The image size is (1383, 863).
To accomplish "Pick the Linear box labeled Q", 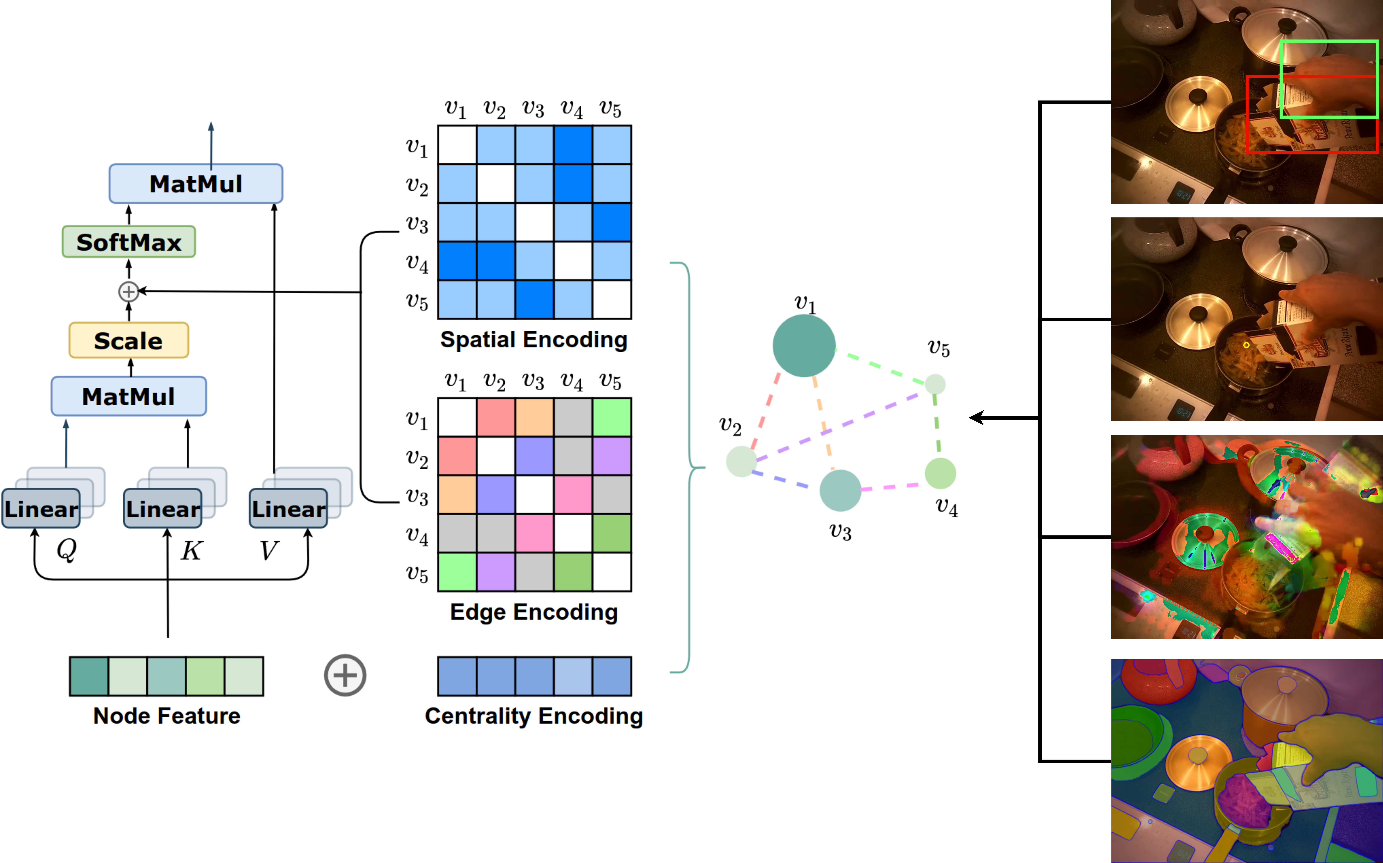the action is pos(41,508).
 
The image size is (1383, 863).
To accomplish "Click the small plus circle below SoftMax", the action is pos(128,292).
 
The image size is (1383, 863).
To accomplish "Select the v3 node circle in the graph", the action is pos(840,490).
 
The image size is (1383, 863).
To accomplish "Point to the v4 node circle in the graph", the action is pos(940,473).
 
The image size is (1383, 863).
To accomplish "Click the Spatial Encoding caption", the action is pos(534,340).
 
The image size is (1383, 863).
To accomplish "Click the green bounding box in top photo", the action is pos(1280,80).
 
